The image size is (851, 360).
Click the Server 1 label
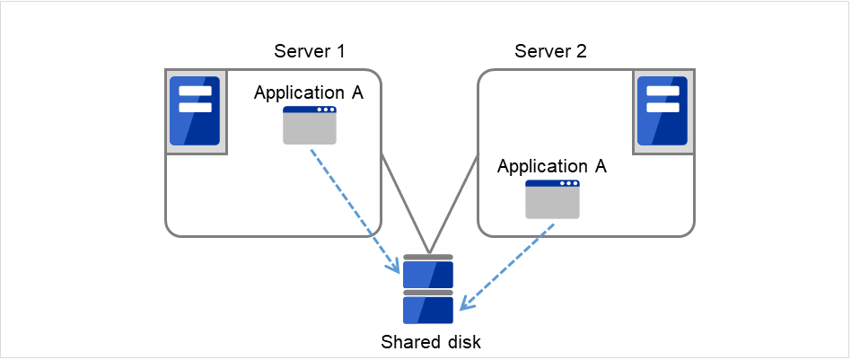(x=309, y=51)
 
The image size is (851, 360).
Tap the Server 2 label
(x=550, y=51)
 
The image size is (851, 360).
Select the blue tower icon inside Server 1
(x=195, y=110)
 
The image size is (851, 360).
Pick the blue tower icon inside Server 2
(x=662, y=110)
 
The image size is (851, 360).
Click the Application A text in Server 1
(x=309, y=92)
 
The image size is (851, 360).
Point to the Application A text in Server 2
(x=552, y=166)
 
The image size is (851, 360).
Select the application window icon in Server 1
(x=310, y=125)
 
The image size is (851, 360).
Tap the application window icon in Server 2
(x=552, y=199)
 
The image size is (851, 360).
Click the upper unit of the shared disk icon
(x=428, y=272)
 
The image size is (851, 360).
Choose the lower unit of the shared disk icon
(x=428, y=308)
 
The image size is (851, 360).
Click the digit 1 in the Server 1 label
(x=341, y=51)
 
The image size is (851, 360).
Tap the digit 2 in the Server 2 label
(x=583, y=51)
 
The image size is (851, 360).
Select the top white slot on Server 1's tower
(x=195, y=91)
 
